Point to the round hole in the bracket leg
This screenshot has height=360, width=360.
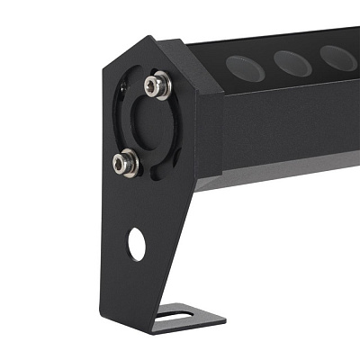point(136,243)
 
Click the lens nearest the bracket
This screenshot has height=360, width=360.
point(243,65)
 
